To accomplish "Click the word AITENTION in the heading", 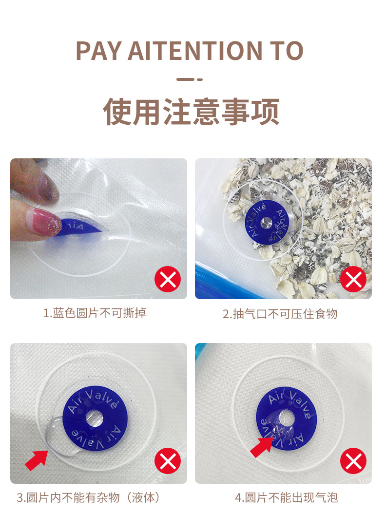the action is [x=195, y=51].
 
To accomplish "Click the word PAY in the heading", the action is [x=99, y=51].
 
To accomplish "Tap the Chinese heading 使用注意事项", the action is [x=191, y=112].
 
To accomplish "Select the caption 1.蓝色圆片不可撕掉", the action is [x=95, y=313].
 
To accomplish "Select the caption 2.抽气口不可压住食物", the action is [x=280, y=314].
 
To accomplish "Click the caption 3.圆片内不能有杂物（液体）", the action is [x=89, y=497].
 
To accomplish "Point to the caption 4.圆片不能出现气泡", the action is [x=286, y=497].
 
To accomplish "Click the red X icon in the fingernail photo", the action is [x=168, y=279].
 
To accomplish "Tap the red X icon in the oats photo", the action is [x=353, y=279].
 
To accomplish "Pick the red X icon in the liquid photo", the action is [x=168, y=460].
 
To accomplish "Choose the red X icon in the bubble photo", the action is [x=353, y=460].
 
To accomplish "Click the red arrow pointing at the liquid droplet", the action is [x=37, y=459].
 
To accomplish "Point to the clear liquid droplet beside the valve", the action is [x=59, y=436].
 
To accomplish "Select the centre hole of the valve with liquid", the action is [x=95, y=418].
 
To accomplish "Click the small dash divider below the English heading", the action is [x=190, y=79].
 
